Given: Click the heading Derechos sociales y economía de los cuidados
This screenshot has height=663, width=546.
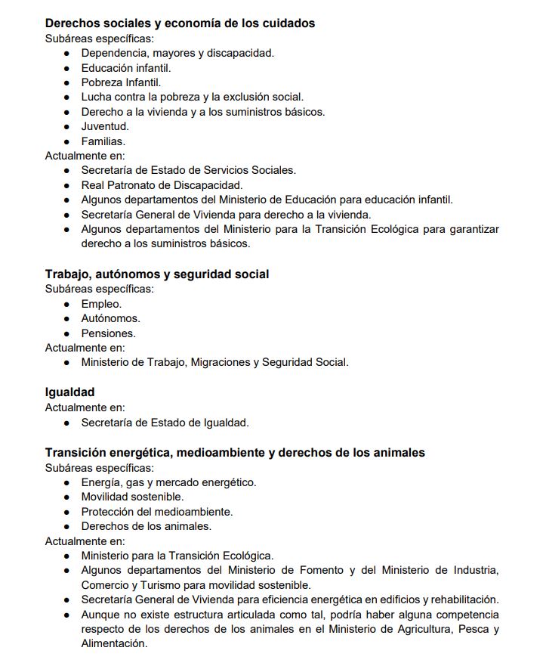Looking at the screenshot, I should click(180, 23).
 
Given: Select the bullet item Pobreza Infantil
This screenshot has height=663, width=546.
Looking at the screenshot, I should click(121, 82).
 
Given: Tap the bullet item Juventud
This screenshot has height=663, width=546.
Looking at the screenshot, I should click(105, 126).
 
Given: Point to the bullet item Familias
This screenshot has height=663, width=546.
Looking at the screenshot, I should click(103, 141).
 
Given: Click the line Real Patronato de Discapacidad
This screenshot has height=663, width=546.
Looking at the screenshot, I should click(162, 185).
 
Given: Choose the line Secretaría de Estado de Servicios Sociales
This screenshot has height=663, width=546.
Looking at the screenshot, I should click(188, 170).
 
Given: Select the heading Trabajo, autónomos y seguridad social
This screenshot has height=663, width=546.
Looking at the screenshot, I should click(156, 274).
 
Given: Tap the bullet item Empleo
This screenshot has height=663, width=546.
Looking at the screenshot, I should click(101, 304).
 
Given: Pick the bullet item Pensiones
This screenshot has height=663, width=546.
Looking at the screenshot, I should click(108, 333).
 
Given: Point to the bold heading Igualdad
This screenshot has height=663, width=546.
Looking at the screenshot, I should click(69, 392).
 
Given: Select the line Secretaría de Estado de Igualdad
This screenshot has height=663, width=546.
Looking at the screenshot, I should click(165, 423).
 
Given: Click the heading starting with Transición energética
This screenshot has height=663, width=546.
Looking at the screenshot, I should click(234, 453).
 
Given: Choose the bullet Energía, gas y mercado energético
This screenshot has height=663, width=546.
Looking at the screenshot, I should click(168, 482).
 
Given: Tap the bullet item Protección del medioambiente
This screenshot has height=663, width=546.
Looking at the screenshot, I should click(157, 512).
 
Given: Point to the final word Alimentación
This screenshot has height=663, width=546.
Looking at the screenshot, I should click(113, 643).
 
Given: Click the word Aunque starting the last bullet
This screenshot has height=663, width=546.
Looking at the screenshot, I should click(100, 615).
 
